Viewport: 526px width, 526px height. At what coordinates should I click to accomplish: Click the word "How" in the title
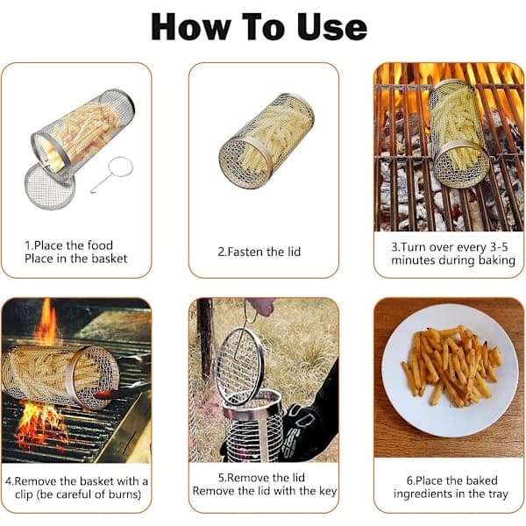[191, 27]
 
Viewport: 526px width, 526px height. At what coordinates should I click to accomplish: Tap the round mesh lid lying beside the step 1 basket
[49, 186]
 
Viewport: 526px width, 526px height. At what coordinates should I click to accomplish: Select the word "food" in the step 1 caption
[100, 245]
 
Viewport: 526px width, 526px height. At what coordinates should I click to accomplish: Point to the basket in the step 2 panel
[267, 141]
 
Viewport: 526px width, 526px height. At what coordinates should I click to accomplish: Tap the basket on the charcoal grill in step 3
[458, 133]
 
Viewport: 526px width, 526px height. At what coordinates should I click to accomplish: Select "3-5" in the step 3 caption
[499, 247]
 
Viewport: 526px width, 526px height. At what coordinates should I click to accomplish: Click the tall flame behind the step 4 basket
[46, 321]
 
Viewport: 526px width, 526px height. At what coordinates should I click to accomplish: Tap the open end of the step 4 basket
[95, 377]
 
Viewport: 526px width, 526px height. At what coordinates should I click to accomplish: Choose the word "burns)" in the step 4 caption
[124, 494]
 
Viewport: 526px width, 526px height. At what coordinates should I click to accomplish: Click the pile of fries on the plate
[451, 366]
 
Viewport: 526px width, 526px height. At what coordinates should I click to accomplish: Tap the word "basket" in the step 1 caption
[110, 259]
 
